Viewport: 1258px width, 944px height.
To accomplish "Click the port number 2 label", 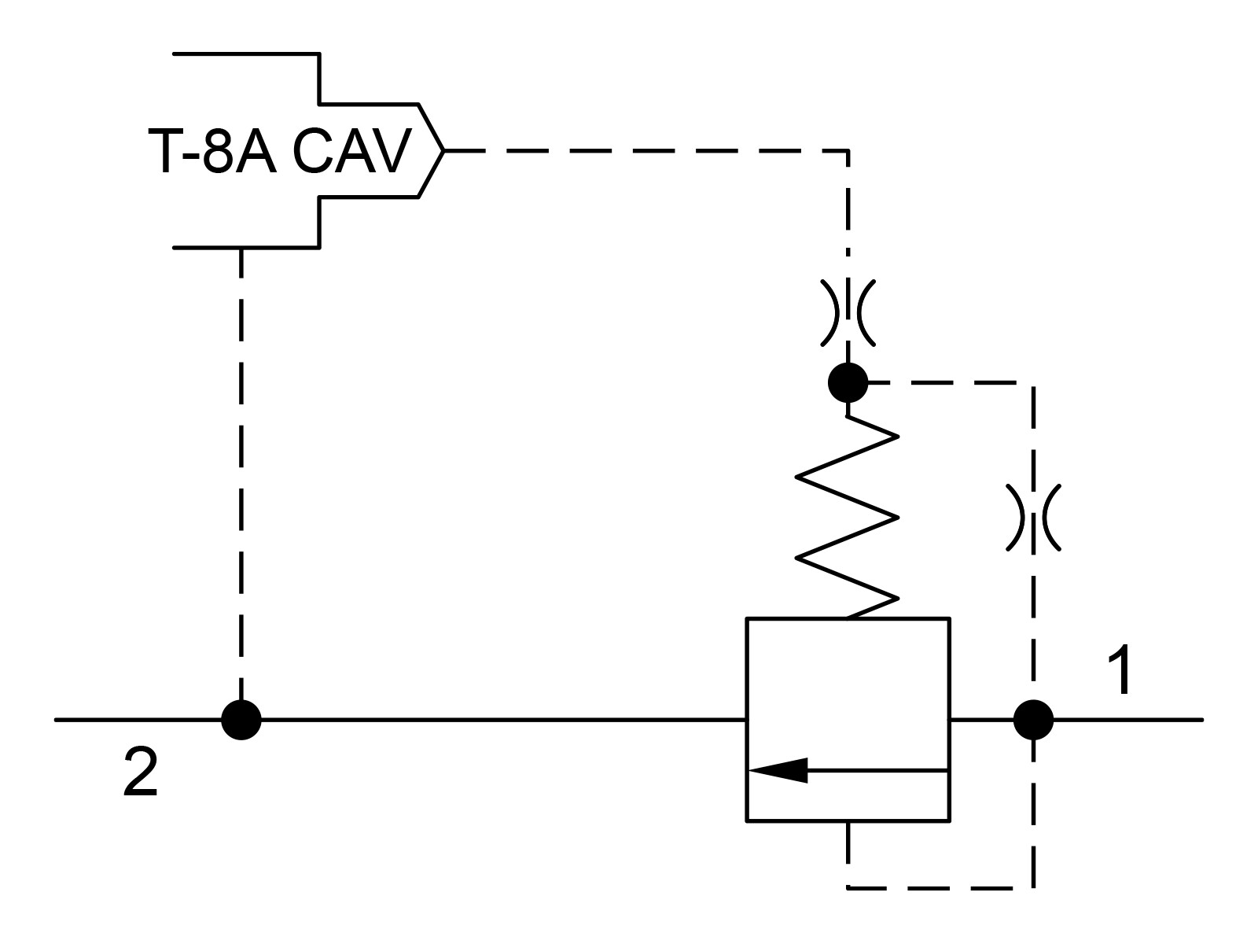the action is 141,772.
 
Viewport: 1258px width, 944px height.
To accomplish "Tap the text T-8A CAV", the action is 280,150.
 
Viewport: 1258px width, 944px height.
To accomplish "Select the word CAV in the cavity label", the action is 352,150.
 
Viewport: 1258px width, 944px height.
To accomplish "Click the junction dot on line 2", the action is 241,720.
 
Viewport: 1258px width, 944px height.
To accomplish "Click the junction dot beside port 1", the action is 1033,720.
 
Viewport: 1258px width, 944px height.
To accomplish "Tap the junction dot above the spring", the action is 848,382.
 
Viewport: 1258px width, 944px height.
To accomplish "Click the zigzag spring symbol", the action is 847,517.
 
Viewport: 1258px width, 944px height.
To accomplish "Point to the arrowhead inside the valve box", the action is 778,770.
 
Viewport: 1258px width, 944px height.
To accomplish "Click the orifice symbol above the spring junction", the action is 848,313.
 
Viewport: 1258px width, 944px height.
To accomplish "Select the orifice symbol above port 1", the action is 1033,518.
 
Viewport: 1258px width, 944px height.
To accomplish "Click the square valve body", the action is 746,720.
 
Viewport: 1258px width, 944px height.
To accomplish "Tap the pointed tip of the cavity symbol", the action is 443,151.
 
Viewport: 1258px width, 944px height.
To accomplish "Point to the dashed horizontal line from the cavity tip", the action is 646,151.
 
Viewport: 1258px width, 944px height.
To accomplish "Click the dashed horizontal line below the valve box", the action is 940,888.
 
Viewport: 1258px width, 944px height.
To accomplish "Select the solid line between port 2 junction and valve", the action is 504,720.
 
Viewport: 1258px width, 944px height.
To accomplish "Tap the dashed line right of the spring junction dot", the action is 951,382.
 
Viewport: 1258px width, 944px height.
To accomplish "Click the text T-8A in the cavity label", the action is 212,150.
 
